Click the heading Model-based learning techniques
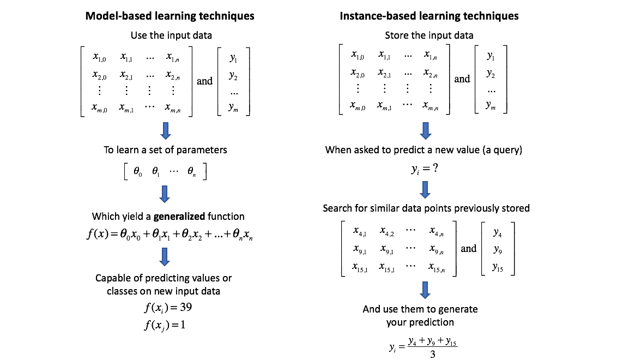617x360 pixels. click(x=170, y=16)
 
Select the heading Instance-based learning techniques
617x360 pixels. click(x=429, y=16)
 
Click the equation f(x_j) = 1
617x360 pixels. click(x=168, y=326)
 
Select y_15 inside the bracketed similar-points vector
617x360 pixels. click(x=498, y=267)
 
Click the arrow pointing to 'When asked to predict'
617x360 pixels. click(x=426, y=130)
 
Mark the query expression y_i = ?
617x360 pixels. click(x=425, y=169)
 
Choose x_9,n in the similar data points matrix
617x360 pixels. click(x=437, y=250)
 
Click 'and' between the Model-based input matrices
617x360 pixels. click(x=204, y=81)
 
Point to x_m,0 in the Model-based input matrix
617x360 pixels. click(x=100, y=107)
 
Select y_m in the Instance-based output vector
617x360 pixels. click(x=491, y=105)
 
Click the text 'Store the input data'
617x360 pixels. click(x=429, y=35)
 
